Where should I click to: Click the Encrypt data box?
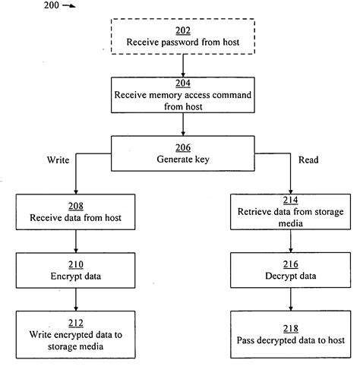click(76, 271)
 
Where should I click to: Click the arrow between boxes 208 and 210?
click(76, 242)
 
